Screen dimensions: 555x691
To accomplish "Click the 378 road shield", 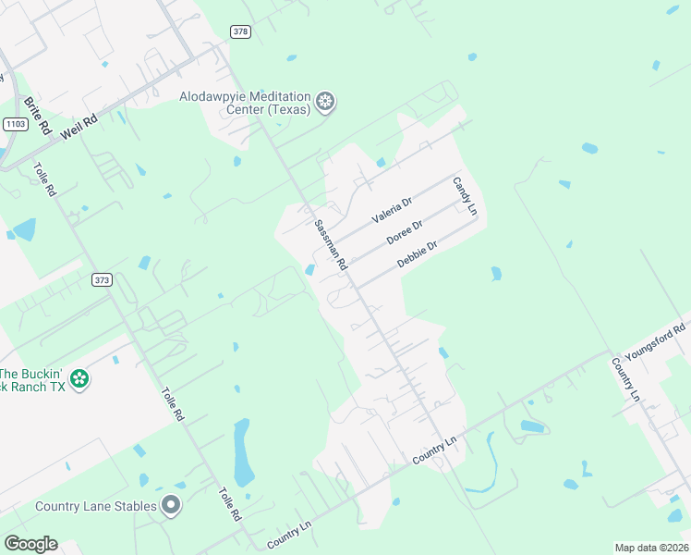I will [241, 31].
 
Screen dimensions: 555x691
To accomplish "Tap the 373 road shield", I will [102, 278].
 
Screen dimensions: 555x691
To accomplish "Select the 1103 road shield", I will [15, 123].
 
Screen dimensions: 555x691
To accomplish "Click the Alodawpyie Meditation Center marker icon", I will [325, 102].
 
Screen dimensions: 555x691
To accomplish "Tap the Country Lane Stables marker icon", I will [170, 505].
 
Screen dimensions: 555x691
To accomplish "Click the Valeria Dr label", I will [392, 211].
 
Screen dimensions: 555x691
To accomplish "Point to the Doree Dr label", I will [405, 231].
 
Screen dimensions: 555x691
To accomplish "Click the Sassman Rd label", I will [330, 245].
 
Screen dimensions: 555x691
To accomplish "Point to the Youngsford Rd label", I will [655, 341].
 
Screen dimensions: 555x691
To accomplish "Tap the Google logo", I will [30, 544].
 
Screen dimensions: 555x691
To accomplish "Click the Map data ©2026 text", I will [652, 548].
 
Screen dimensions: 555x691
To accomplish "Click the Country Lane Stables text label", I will [95, 506].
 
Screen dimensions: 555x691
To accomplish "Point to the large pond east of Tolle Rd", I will [244, 451].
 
